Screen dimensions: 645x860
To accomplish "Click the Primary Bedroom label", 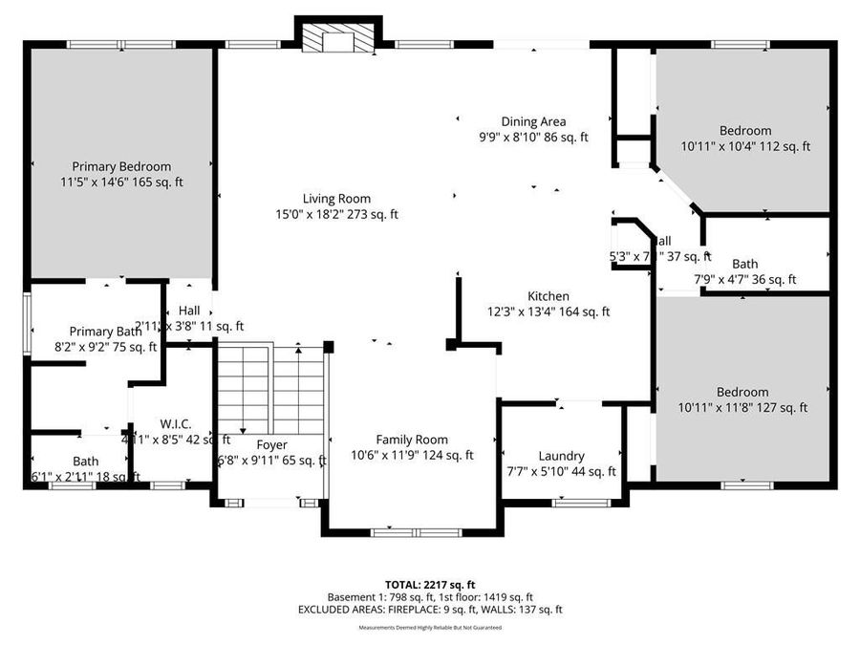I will click(x=121, y=165).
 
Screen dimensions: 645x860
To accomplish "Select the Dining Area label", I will click(x=533, y=121).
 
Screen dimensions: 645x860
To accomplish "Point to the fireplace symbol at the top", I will click(x=338, y=39).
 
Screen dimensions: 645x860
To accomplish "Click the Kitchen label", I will click(x=548, y=296).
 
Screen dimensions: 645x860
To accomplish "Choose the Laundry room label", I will click(x=561, y=456).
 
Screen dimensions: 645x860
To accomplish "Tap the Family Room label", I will click(x=412, y=440).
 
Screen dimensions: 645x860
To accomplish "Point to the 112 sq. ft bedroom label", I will click(x=745, y=131).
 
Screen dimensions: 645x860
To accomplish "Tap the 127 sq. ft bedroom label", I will click(x=742, y=392).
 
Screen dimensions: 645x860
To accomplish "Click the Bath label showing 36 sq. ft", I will click(x=745, y=264).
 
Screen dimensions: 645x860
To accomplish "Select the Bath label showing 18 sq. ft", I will click(x=85, y=461).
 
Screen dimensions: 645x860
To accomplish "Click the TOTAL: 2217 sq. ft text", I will click(x=429, y=583).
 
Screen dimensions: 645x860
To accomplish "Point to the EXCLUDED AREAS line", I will click(x=429, y=609).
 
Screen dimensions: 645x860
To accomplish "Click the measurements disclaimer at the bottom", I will click(x=429, y=628).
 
